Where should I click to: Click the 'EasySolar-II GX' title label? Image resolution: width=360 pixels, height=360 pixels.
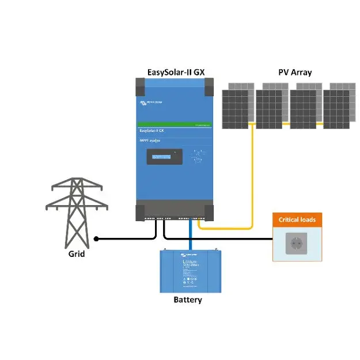tap(175, 73)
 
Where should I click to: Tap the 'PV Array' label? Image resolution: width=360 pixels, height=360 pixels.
tap(295, 73)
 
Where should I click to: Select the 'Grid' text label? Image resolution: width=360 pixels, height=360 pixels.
tap(76, 253)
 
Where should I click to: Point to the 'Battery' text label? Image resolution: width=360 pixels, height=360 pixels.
tap(188, 300)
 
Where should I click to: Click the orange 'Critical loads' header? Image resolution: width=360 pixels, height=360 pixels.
tap(297, 219)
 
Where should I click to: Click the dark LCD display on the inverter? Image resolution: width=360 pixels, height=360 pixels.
tap(164, 157)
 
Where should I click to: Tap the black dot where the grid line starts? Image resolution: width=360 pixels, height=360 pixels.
tap(97, 238)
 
